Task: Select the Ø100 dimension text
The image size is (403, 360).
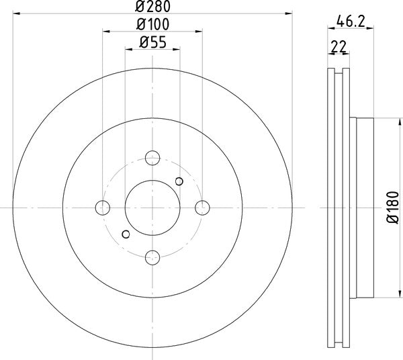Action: point(153,24)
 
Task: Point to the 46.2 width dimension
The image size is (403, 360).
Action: point(351,21)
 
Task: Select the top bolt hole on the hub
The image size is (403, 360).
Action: point(153,159)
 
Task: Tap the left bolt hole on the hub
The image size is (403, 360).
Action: point(103,208)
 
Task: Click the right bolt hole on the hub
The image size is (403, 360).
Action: point(202,208)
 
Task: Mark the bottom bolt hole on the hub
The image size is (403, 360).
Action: point(153,257)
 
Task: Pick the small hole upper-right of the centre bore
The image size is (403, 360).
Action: point(179,181)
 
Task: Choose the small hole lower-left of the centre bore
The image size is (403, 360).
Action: point(126,234)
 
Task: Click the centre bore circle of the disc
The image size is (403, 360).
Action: point(153,208)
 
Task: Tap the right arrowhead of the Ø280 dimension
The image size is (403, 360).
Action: point(290,11)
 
